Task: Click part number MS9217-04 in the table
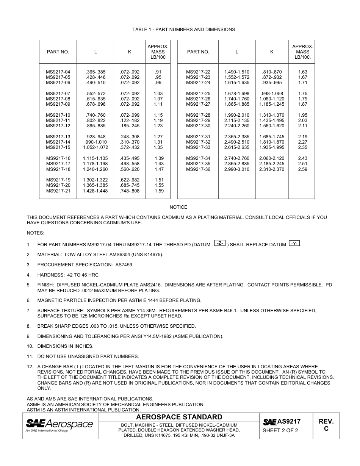tap(58, 72)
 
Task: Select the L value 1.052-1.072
tap(95, 148)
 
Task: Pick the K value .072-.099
tap(130, 115)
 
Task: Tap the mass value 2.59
tap(302, 169)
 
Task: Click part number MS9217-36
tap(198, 169)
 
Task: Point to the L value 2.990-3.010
tap(237, 169)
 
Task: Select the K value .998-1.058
tap(272, 94)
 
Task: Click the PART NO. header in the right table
tap(198, 52)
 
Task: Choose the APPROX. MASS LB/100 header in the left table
tap(158, 52)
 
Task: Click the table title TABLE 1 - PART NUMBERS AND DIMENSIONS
tap(183, 30)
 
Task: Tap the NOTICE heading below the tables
tap(178, 207)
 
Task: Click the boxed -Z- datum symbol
tap(220, 243)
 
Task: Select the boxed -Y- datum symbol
tap(295, 243)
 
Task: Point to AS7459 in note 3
tap(124, 265)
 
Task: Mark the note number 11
tap(30, 357)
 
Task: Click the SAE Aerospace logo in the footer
tap(59, 425)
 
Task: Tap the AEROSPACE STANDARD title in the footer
tap(179, 417)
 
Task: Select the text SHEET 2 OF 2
tap(280, 431)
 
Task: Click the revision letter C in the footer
tap(326, 429)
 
